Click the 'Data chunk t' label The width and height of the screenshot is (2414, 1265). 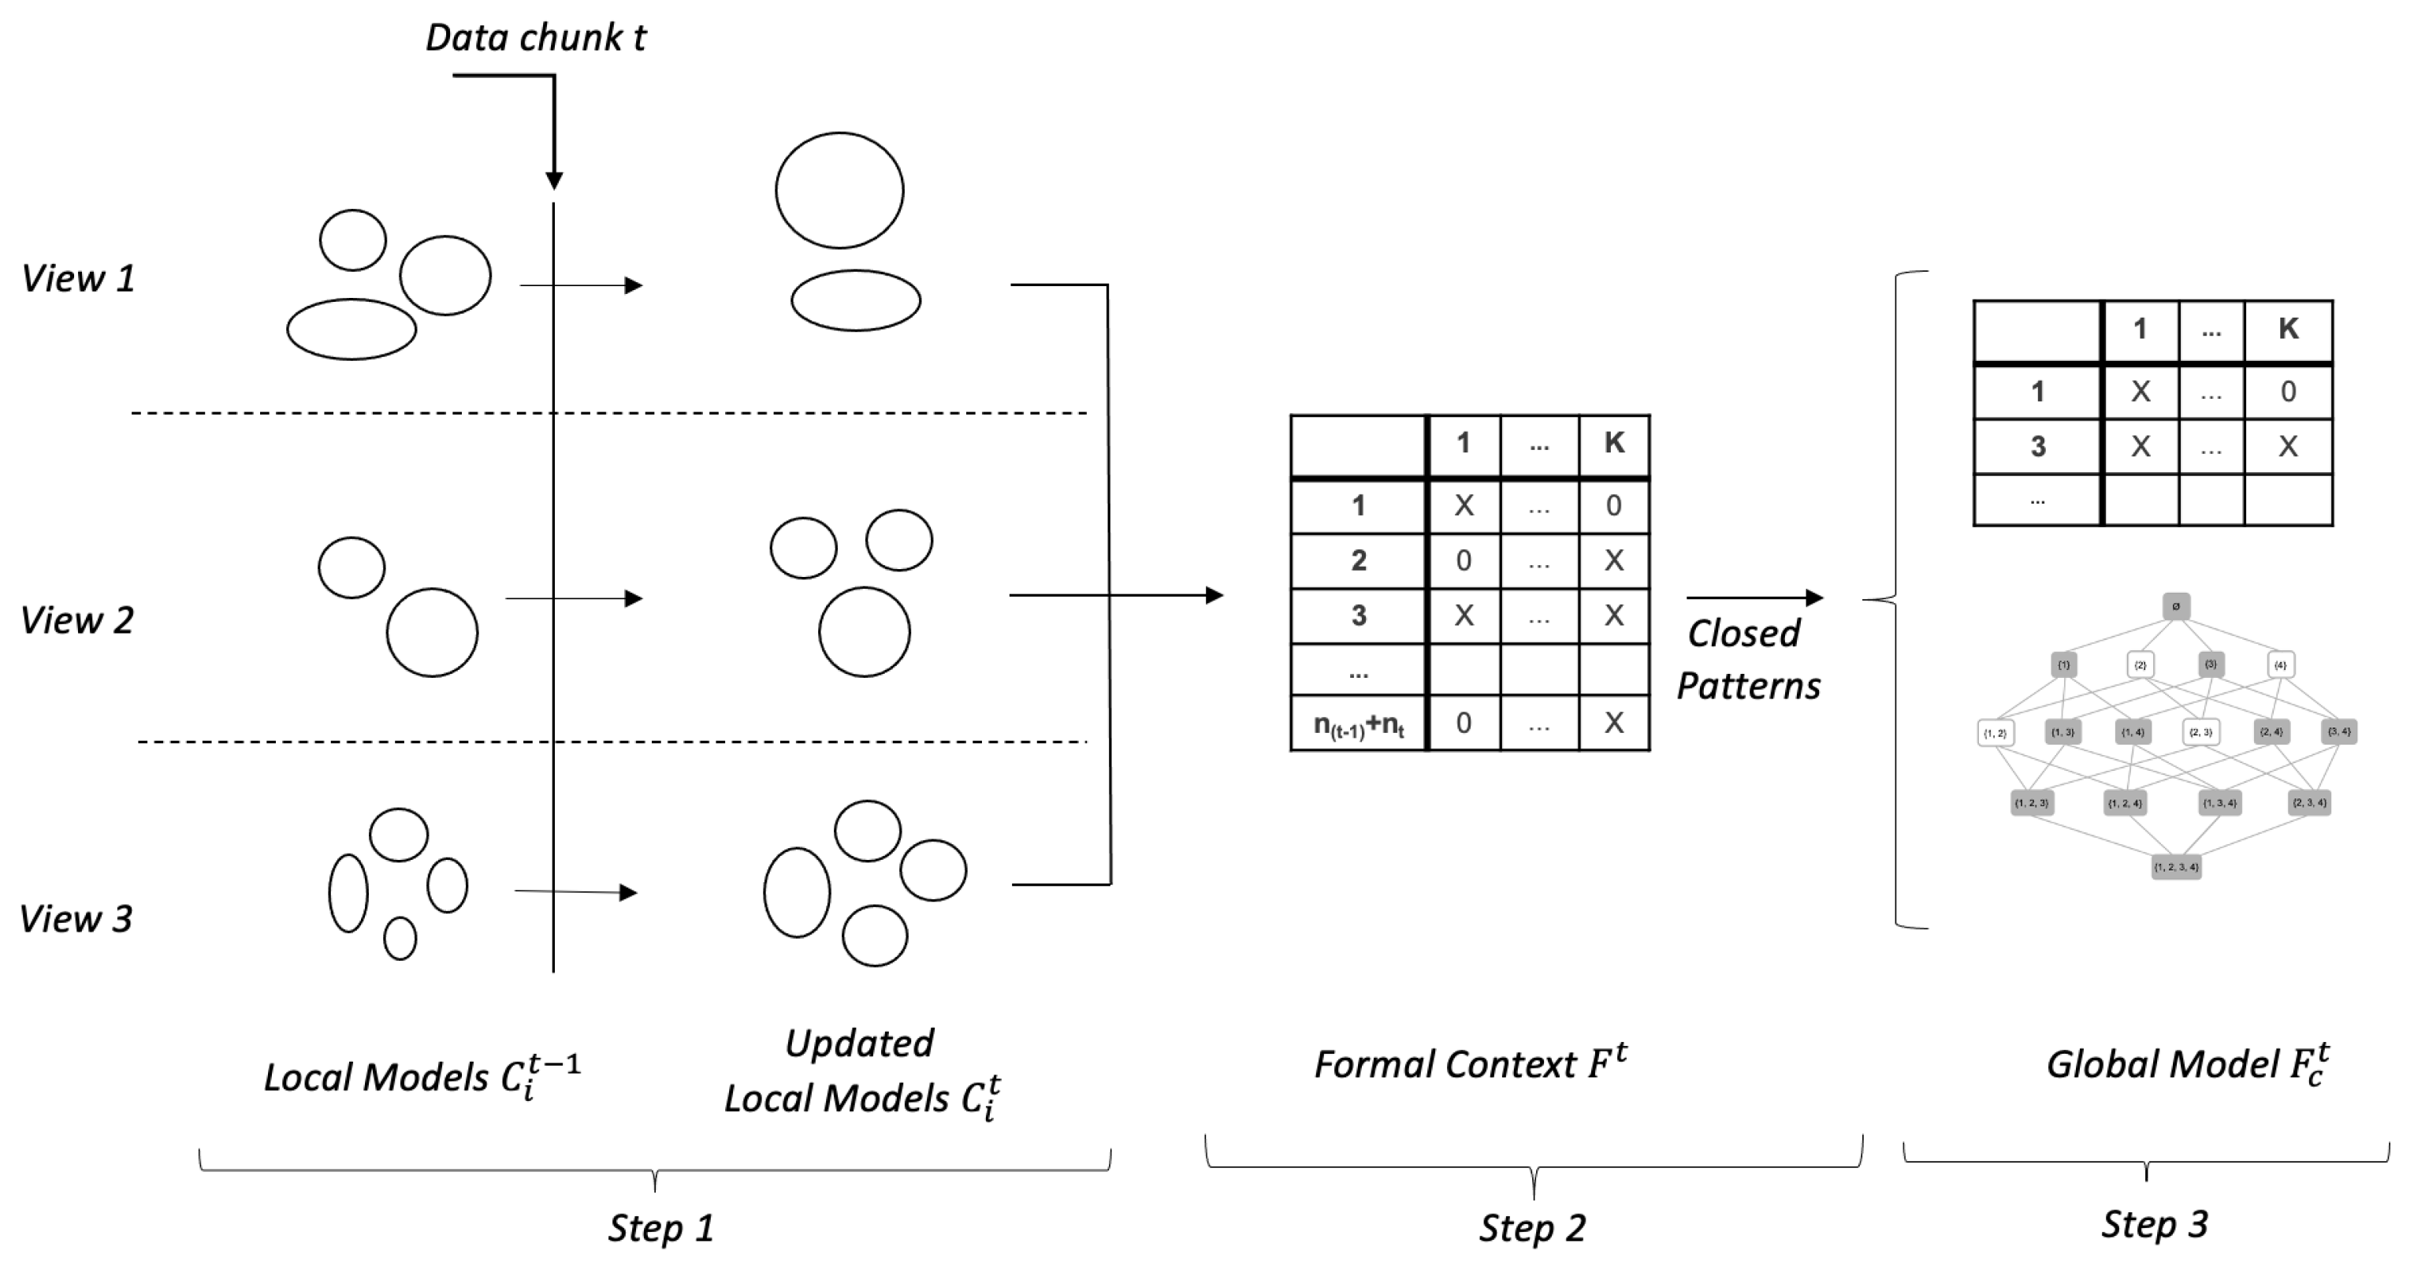[535, 38]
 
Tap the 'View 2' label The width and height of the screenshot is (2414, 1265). [77, 620]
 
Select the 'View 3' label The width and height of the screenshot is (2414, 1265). [76, 918]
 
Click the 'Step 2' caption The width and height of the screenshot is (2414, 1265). [1532, 1227]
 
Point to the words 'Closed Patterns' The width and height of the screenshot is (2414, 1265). [1746, 660]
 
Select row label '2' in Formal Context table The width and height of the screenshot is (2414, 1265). [1358, 560]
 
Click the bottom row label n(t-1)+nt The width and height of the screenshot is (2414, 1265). [1358, 724]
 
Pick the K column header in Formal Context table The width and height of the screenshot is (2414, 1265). [1614, 443]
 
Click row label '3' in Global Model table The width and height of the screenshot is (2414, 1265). [2037, 446]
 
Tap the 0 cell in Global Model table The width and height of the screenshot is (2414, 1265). [2287, 392]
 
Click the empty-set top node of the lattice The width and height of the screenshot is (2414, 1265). [2176, 606]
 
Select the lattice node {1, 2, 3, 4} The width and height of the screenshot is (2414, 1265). [2176, 867]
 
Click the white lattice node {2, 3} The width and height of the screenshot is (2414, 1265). [2200, 732]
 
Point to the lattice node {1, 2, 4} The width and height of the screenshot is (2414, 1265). [2125, 803]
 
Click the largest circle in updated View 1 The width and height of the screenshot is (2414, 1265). [839, 190]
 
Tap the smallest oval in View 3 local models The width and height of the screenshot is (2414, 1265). [400, 938]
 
